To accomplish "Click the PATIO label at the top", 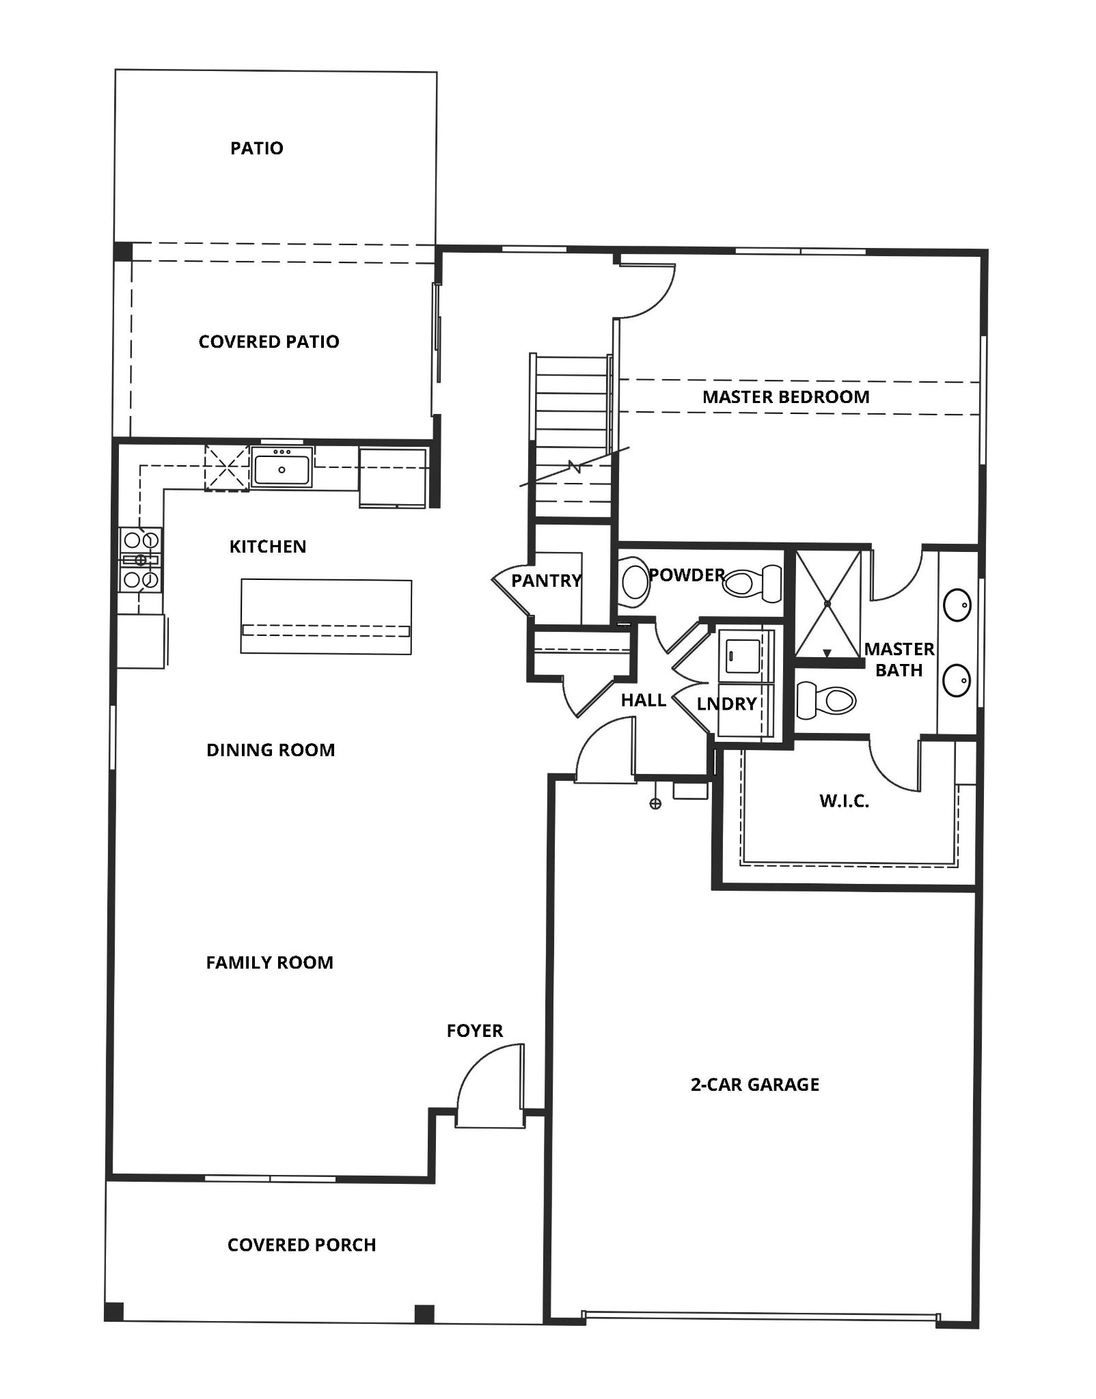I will click(x=256, y=148).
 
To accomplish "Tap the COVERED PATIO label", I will click(x=269, y=342).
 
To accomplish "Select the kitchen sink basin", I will click(x=282, y=467).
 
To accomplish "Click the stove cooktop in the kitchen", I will click(x=141, y=560).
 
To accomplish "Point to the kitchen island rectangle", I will click(x=326, y=616).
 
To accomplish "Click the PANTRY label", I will click(x=546, y=581).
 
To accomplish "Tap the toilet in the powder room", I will click(x=754, y=583).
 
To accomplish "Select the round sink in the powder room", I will click(x=635, y=581).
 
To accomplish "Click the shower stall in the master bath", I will click(x=827, y=602).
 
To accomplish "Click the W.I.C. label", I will click(x=844, y=801).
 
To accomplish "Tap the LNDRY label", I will click(x=726, y=704).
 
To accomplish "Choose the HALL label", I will click(x=643, y=700).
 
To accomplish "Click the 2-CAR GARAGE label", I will click(x=754, y=1085).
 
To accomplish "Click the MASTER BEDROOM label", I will click(x=786, y=397).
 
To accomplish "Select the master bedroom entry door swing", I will click(x=646, y=290).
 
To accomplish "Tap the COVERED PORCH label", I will click(x=301, y=1245).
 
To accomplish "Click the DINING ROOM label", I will click(x=271, y=750).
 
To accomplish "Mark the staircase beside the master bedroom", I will click(x=572, y=437).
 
